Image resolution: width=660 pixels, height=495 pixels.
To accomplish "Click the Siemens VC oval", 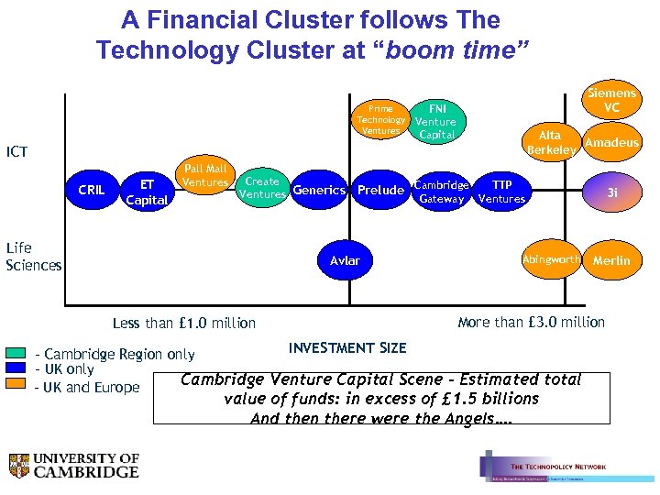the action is coord(611,101).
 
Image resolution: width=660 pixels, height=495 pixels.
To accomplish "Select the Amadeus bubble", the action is coord(611,142).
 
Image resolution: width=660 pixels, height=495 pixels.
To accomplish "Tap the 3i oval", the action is coord(611,192).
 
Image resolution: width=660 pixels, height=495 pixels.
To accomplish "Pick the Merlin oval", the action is coord(611,260).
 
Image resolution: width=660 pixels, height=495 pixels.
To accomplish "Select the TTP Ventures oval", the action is coord(502,191).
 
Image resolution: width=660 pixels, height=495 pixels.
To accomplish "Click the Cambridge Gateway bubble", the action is coord(442,191).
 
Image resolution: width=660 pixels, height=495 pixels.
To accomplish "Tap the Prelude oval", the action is coord(380,191).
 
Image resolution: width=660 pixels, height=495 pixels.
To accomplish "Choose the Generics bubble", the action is coord(320,191).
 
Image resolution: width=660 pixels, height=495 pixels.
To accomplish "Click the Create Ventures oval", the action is coord(262,188).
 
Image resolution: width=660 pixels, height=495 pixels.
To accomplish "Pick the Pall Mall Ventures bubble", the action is coord(205,176).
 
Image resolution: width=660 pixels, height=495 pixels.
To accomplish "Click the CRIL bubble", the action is coord(92,191).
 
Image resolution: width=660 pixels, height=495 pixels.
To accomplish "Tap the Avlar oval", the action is coord(346,261).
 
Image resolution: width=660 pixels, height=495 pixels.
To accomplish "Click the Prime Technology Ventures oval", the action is coord(381,120).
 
